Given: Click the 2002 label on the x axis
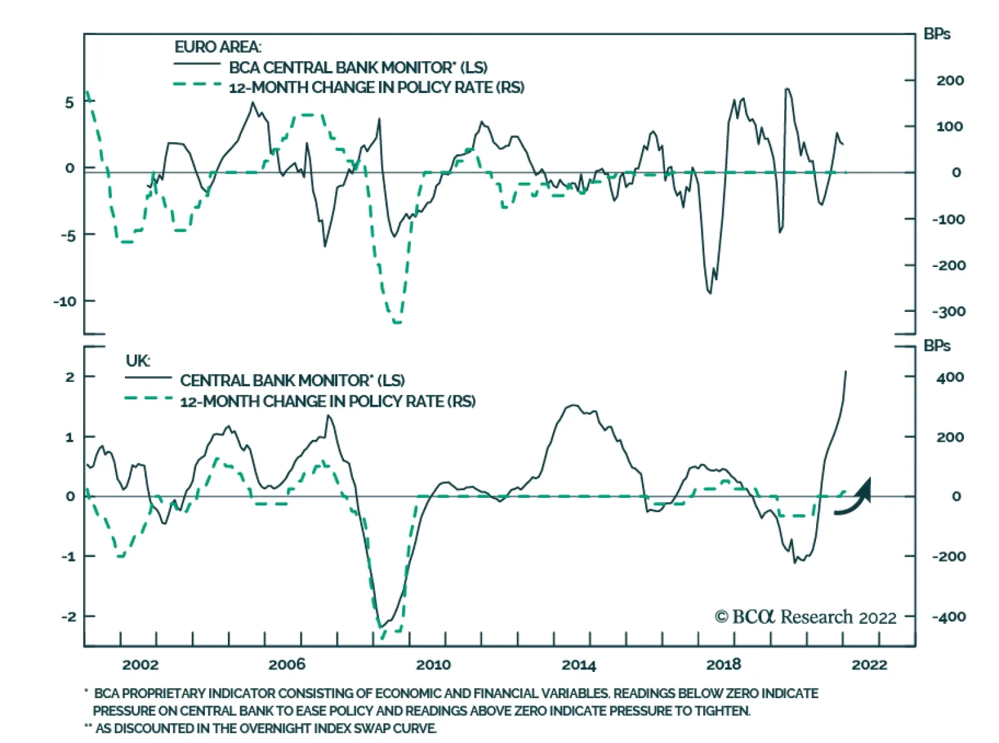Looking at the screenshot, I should point(140,664).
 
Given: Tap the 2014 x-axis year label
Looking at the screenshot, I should point(579,664).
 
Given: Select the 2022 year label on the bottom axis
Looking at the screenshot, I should point(869,664).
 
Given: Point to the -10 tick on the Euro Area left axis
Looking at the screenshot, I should point(64,301).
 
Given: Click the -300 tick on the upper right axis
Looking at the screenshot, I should point(948,311).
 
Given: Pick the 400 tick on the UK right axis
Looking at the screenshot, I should point(950,377).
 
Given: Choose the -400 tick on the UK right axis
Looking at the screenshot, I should point(948,616).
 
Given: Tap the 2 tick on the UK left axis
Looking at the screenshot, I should point(70,377).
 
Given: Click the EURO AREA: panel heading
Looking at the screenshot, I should point(218,47).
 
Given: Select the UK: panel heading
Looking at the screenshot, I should point(138,361).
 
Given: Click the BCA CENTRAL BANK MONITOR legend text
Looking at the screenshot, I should point(358,67).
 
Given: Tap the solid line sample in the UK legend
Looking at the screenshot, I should point(149,377).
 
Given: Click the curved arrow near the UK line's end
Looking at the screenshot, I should point(854,499).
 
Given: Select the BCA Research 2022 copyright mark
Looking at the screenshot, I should point(805,617).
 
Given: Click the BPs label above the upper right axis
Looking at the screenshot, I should point(937,34).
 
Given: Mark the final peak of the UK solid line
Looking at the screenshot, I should point(846,372).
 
